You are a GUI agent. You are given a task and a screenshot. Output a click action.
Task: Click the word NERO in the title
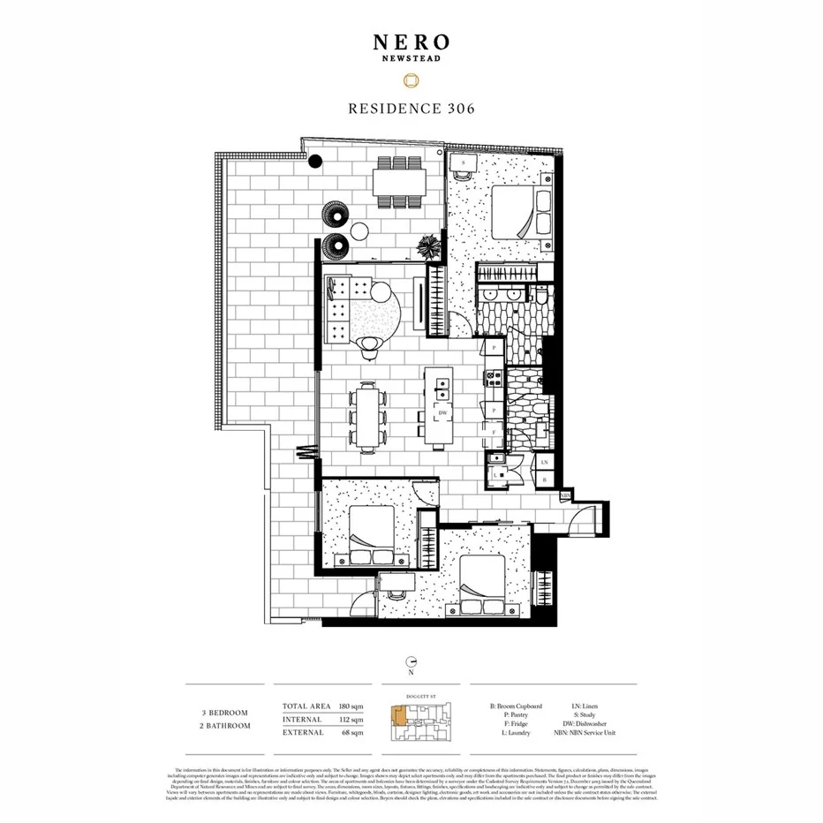point(411,42)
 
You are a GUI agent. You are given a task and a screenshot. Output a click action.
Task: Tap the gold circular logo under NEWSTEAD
point(411,80)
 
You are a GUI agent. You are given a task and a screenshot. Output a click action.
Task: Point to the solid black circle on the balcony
point(315,162)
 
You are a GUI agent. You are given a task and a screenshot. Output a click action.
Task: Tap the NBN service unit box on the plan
point(564,496)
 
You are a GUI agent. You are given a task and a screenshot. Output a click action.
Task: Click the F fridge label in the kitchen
point(495,433)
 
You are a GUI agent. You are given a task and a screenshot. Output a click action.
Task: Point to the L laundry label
point(495,472)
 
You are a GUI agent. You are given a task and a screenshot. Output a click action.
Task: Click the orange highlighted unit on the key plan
point(399,717)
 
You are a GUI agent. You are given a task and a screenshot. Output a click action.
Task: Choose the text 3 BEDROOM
point(224,712)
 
